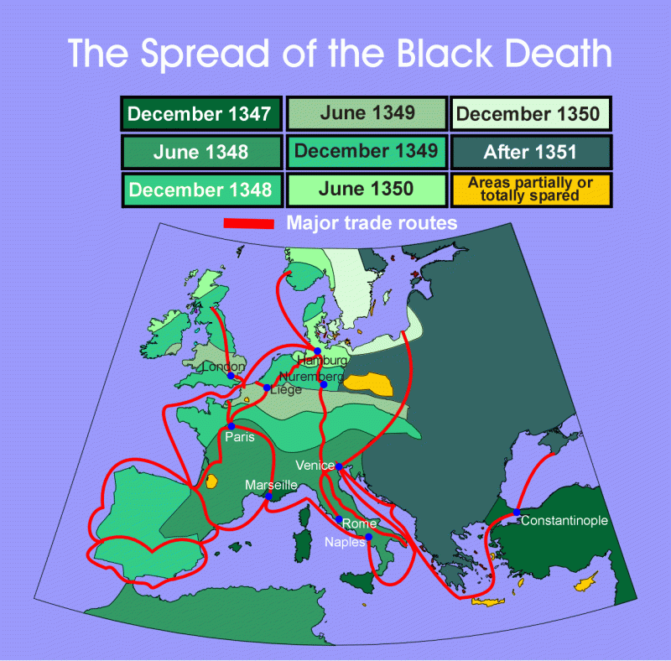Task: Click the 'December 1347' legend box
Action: pyautogui.click(x=200, y=114)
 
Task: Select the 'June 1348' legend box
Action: pyautogui.click(x=200, y=152)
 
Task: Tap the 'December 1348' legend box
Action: pyautogui.click(x=200, y=190)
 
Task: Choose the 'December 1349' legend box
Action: pyautogui.click(x=367, y=151)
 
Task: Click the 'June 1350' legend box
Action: pyautogui.click(x=367, y=189)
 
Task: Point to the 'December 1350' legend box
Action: pyautogui.click(x=531, y=114)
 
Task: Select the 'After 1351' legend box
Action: pyautogui.click(x=531, y=152)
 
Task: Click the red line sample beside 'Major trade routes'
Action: pyautogui.click(x=249, y=224)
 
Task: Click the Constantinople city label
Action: pyautogui.click(x=564, y=521)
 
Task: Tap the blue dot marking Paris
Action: pyautogui.click(x=231, y=426)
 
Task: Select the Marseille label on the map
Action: pyautogui.click(x=271, y=485)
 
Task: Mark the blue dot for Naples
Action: pyautogui.click(x=367, y=536)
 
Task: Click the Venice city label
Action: pyautogui.click(x=315, y=465)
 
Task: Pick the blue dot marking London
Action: pyautogui.click(x=231, y=377)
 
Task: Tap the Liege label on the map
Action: pyautogui.click(x=286, y=389)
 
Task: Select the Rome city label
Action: pyautogui.click(x=359, y=523)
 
